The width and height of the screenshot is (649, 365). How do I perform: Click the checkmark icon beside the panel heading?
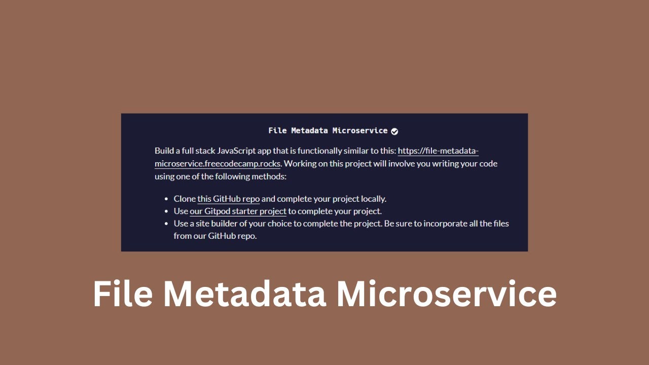(394, 131)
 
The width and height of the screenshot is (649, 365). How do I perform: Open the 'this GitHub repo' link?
(228, 199)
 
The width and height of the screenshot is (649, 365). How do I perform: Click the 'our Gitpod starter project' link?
(238, 211)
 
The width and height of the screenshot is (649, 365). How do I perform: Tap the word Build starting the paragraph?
(164, 151)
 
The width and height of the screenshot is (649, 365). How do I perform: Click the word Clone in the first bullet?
(185, 199)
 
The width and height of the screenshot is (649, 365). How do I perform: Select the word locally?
(372, 199)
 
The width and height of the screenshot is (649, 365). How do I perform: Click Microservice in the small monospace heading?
(359, 131)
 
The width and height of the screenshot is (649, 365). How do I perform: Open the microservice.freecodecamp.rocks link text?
(218, 164)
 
